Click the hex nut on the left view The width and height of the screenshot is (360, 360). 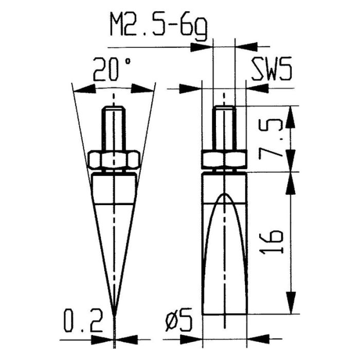[x=114, y=160]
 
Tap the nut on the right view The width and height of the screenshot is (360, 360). [x=224, y=160]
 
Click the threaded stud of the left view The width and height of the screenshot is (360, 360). [x=114, y=129]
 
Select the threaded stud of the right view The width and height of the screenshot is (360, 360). [x=224, y=129]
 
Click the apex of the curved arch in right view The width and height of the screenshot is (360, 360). [x=224, y=194]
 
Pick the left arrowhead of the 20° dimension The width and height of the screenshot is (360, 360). [x=82, y=89]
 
